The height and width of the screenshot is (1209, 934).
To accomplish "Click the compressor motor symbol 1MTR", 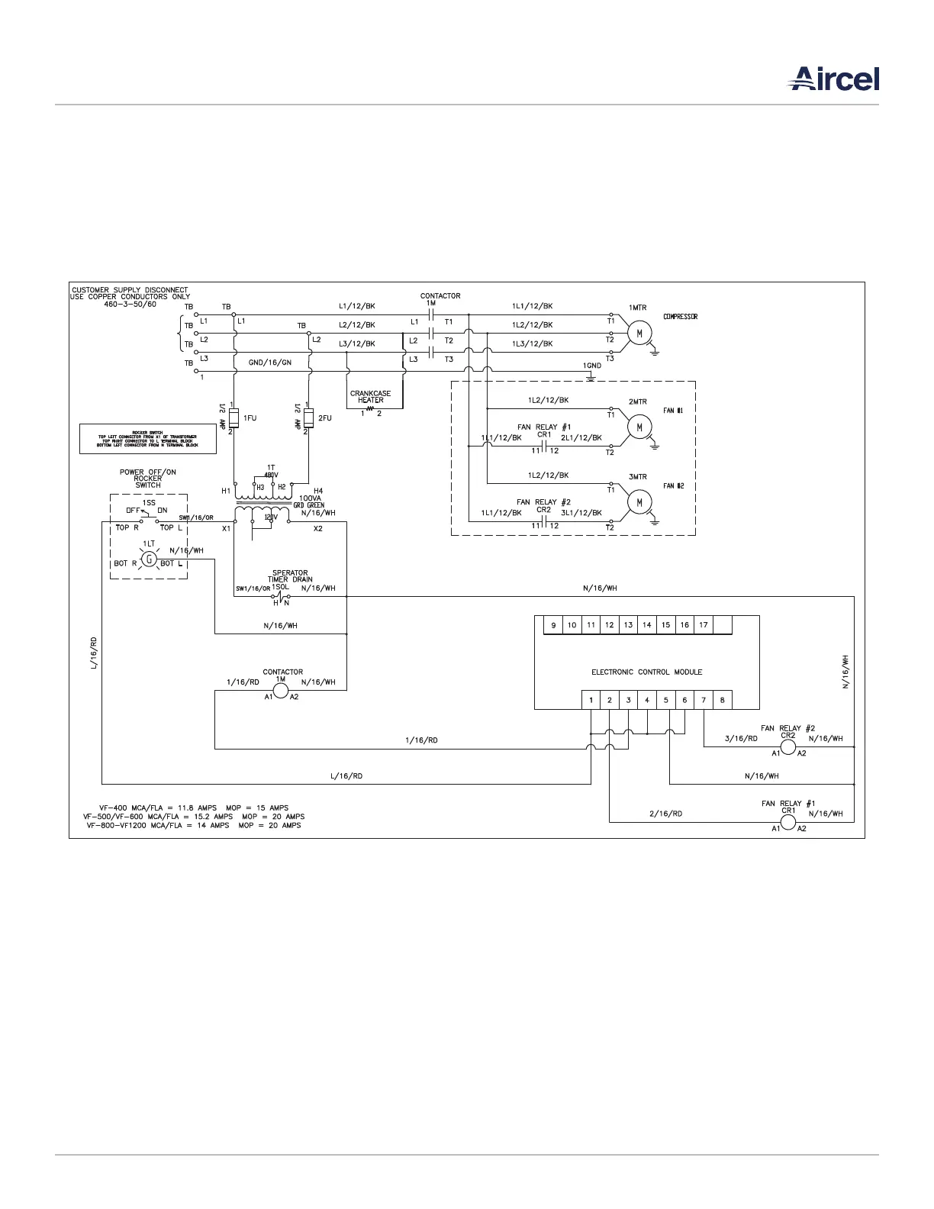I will pos(639,333).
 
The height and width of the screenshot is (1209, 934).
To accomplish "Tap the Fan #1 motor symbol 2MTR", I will pos(639,427).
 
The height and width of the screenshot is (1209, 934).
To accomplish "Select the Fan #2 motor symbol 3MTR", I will pos(639,501).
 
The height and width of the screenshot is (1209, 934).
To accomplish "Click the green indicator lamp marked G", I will pos(150,559).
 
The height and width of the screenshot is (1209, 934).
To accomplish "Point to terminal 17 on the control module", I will pos(704,625).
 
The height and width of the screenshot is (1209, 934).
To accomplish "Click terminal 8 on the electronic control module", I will pos(722,700).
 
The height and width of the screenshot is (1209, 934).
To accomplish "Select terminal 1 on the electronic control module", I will pos(591,700).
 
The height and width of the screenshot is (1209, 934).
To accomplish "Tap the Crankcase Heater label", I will pos(370,397).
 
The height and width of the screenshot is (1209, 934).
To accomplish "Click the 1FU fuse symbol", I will pos(233,418).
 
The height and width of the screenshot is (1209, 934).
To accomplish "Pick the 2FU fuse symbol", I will pos(308,418).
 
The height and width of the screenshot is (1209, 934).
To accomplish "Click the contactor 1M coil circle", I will pos(281,691).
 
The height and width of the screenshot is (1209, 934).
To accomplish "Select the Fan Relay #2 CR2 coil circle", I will pos(787,746).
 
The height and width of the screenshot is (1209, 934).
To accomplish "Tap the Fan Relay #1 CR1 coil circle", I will pos(787,822).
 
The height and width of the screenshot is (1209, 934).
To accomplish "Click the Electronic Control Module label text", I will pos(646,672).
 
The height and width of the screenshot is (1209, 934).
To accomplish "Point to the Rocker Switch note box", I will pos(147,439).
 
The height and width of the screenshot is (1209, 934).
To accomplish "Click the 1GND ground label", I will pos(592,366).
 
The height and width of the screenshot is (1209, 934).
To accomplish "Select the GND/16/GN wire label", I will pos(270,363).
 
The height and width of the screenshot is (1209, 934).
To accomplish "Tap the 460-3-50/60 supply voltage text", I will pos(130,304).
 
